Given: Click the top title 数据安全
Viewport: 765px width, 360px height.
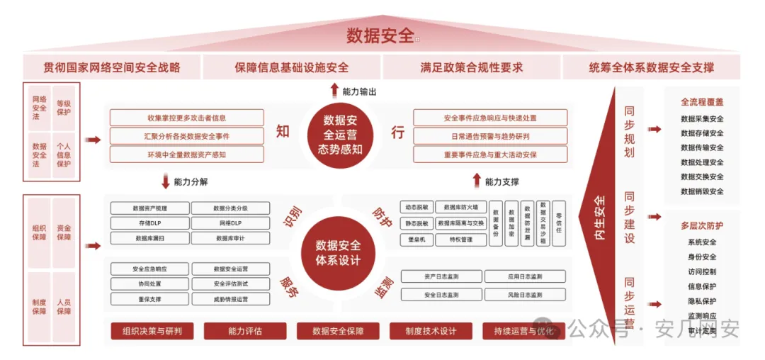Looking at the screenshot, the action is tap(380, 35).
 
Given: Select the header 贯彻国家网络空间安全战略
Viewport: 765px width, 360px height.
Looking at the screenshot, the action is tap(112, 68).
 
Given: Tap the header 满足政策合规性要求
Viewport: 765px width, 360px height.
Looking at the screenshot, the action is tap(472, 68).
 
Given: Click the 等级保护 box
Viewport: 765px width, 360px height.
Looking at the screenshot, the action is tap(64, 108).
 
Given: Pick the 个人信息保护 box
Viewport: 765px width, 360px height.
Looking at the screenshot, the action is tap(64, 155).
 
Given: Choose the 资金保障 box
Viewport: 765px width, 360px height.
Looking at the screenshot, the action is tap(64, 232).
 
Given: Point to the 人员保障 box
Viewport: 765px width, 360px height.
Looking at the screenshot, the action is tap(64, 306).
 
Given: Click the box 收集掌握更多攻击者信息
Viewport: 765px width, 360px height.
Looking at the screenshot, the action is tap(186, 118).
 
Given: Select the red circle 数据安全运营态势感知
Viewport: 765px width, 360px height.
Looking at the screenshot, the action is tap(339, 135).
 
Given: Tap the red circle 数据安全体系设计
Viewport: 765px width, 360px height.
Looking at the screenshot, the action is tap(339, 252).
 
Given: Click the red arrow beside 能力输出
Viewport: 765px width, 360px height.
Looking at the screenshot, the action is tap(334, 90).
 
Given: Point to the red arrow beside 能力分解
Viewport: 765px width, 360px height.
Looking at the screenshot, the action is tap(166, 181).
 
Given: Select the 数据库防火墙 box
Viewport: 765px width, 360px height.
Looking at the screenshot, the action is tap(460, 208).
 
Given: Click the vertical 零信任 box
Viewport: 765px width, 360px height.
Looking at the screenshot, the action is tap(558, 223).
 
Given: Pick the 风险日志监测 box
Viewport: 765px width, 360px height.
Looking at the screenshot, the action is tap(525, 294).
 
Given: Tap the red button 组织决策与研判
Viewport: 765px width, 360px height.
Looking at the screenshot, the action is tap(152, 331).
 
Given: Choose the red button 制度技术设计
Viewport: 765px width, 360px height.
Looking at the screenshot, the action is tap(431, 331).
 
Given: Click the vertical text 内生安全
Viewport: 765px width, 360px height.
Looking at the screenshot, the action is tap(600, 217).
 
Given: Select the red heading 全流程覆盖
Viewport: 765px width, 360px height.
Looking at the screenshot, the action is tap(702, 103).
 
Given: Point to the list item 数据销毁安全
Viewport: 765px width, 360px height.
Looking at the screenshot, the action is tap(702, 191).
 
